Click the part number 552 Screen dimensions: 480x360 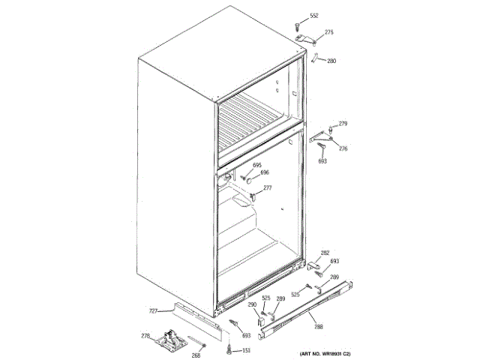coord(314,16)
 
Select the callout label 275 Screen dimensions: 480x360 coord(329,32)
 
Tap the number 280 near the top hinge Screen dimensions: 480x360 coord(331,61)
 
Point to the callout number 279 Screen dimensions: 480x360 coord(343,123)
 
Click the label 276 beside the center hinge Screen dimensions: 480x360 coord(343,148)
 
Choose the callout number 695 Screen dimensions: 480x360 coord(256,165)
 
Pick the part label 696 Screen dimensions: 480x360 coord(264,172)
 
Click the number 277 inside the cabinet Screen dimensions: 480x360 coord(267,187)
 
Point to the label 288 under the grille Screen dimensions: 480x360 coord(319,326)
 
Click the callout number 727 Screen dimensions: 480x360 coord(153,310)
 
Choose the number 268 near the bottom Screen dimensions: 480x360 coord(196,355)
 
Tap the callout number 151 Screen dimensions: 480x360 coord(246,351)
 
